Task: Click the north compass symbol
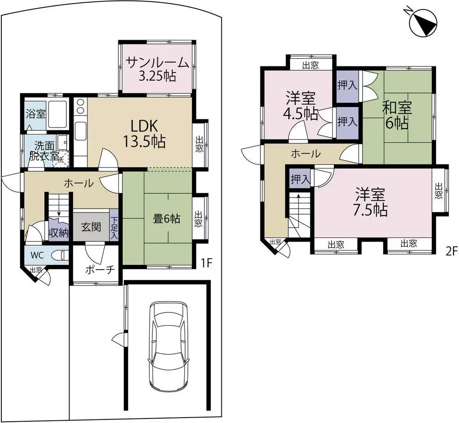[x=424, y=23]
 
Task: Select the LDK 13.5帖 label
[x=144, y=134]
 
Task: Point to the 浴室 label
[x=35, y=113]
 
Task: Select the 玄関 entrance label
[x=91, y=227]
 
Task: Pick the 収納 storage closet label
[x=59, y=233]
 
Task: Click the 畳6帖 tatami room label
[x=167, y=219]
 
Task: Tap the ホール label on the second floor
[x=306, y=154]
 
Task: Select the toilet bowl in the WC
[x=59, y=256]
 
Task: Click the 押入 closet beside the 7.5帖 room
[x=299, y=179]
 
